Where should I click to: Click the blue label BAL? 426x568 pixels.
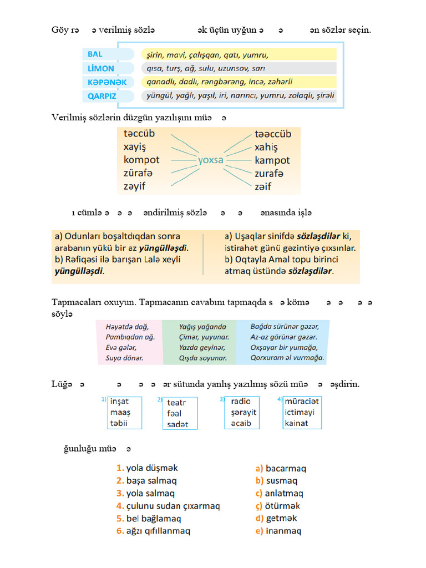click(x=95, y=54)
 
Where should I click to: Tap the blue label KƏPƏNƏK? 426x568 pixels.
click(x=107, y=82)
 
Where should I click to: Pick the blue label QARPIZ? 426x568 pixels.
click(x=102, y=95)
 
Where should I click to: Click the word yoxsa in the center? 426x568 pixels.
click(x=211, y=160)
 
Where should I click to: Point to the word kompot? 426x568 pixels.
click(x=141, y=160)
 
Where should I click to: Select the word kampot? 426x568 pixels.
click(x=272, y=160)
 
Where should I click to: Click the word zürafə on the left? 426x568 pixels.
click(x=138, y=173)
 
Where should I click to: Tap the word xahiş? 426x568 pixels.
click(x=266, y=148)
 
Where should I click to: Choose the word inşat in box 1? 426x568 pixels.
click(x=119, y=402)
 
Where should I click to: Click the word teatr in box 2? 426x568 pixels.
click(x=176, y=403)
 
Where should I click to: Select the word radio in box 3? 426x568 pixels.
click(x=241, y=401)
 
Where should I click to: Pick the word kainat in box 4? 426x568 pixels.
click(x=296, y=423)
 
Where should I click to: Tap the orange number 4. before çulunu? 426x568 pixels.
click(x=120, y=506)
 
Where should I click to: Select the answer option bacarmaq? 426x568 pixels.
click(x=286, y=468)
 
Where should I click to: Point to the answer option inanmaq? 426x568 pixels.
click(x=283, y=531)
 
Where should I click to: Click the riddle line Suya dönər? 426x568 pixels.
click(x=124, y=358)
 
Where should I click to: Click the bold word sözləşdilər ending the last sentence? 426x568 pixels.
click(x=308, y=271)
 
